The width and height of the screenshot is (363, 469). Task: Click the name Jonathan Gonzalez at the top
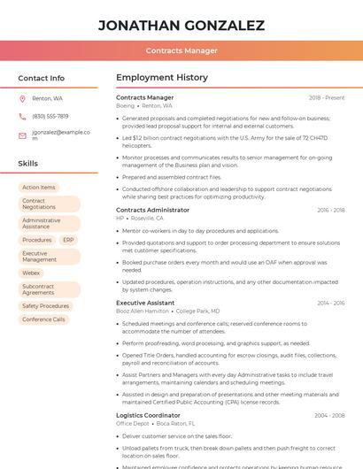[x=181, y=26]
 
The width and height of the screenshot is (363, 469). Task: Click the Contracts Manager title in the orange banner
[x=181, y=50]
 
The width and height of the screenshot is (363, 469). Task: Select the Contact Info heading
[x=42, y=78]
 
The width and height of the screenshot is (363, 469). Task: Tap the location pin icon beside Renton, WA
[x=22, y=98]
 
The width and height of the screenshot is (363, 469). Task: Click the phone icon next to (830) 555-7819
[x=22, y=116]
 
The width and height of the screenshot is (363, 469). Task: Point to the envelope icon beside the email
[x=22, y=135]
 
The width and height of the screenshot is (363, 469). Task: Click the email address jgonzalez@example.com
[x=61, y=135]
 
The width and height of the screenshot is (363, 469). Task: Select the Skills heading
[x=28, y=164]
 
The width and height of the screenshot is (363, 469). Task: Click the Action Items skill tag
[x=39, y=188]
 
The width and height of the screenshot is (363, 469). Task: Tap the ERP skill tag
[x=68, y=240]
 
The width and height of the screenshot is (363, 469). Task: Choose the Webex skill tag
[x=32, y=273]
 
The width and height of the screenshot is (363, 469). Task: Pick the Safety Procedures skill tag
[x=45, y=306]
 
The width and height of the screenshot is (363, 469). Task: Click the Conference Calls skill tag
[x=43, y=319]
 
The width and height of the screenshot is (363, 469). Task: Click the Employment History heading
[x=161, y=78]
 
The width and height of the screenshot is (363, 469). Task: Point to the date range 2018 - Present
[x=327, y=97]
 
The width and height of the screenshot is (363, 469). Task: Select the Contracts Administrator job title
[x=152, y=210]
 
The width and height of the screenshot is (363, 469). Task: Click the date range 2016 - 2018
[x=330, y=210]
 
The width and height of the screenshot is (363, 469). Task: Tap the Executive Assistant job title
[x=145, y=303]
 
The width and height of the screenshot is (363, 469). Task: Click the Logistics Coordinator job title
[x=148, y=415]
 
